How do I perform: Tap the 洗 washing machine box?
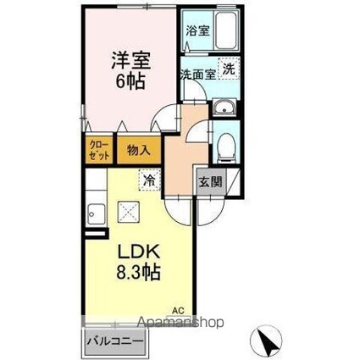(229, 69)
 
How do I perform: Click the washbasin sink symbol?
(224, 108)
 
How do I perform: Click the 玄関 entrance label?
(211, 180)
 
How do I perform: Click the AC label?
(178, 309)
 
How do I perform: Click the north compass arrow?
(269, 343)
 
